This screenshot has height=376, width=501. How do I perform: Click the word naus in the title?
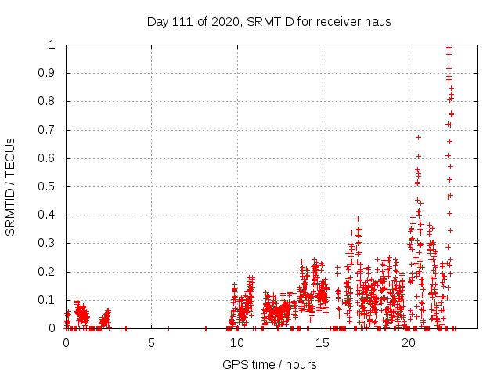(377, 21)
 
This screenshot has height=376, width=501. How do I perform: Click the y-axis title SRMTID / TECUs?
(11, 186)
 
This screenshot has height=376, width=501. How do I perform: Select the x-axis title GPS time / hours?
(269, 364)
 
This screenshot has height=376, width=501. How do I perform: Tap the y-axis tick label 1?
(55, 45)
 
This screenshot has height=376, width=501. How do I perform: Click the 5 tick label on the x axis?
(151, 343)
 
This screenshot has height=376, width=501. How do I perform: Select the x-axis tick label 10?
(237, 343)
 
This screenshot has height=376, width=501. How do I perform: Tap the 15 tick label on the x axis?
(323, 343)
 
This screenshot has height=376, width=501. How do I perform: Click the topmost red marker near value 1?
(449, 47)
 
